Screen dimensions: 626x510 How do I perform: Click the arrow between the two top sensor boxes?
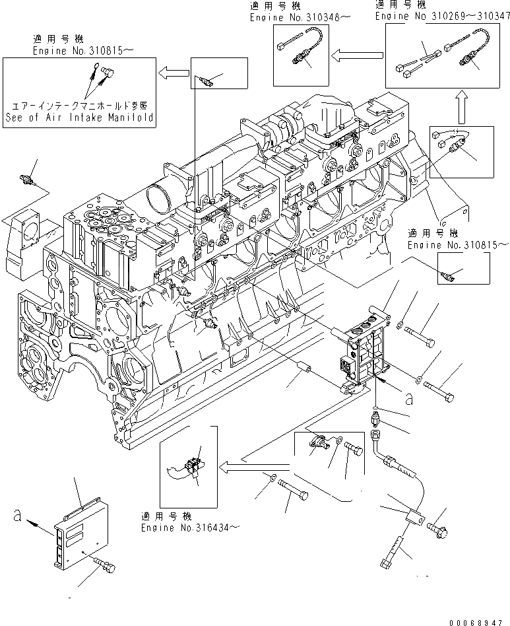(354, 55)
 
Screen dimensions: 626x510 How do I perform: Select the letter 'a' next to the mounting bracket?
(409, 398)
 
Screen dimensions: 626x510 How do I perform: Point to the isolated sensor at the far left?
(28, 180)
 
